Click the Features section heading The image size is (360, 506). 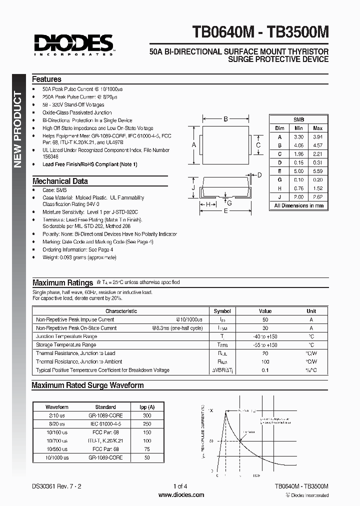click(46, 79)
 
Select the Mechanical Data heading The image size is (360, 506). click(60, 181)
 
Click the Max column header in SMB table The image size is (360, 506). click(317, 128)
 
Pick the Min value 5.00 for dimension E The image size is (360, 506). click(299, 171)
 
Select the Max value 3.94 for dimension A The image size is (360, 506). click(317, 137)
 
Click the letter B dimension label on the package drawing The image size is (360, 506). click(226, 119)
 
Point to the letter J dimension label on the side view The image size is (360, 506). click(192, 188)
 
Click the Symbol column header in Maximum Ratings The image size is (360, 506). click(222, 311)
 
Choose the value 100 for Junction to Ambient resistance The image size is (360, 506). click(265, 361)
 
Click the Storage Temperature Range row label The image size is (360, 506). click(66, 345)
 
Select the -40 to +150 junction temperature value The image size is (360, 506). click(265, 336)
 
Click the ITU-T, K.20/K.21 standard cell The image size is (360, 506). click(105, 440)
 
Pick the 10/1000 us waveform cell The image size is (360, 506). click(57, 457)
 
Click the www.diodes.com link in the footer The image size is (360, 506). click(181, 495)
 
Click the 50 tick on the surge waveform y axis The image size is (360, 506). click(211, 441)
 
